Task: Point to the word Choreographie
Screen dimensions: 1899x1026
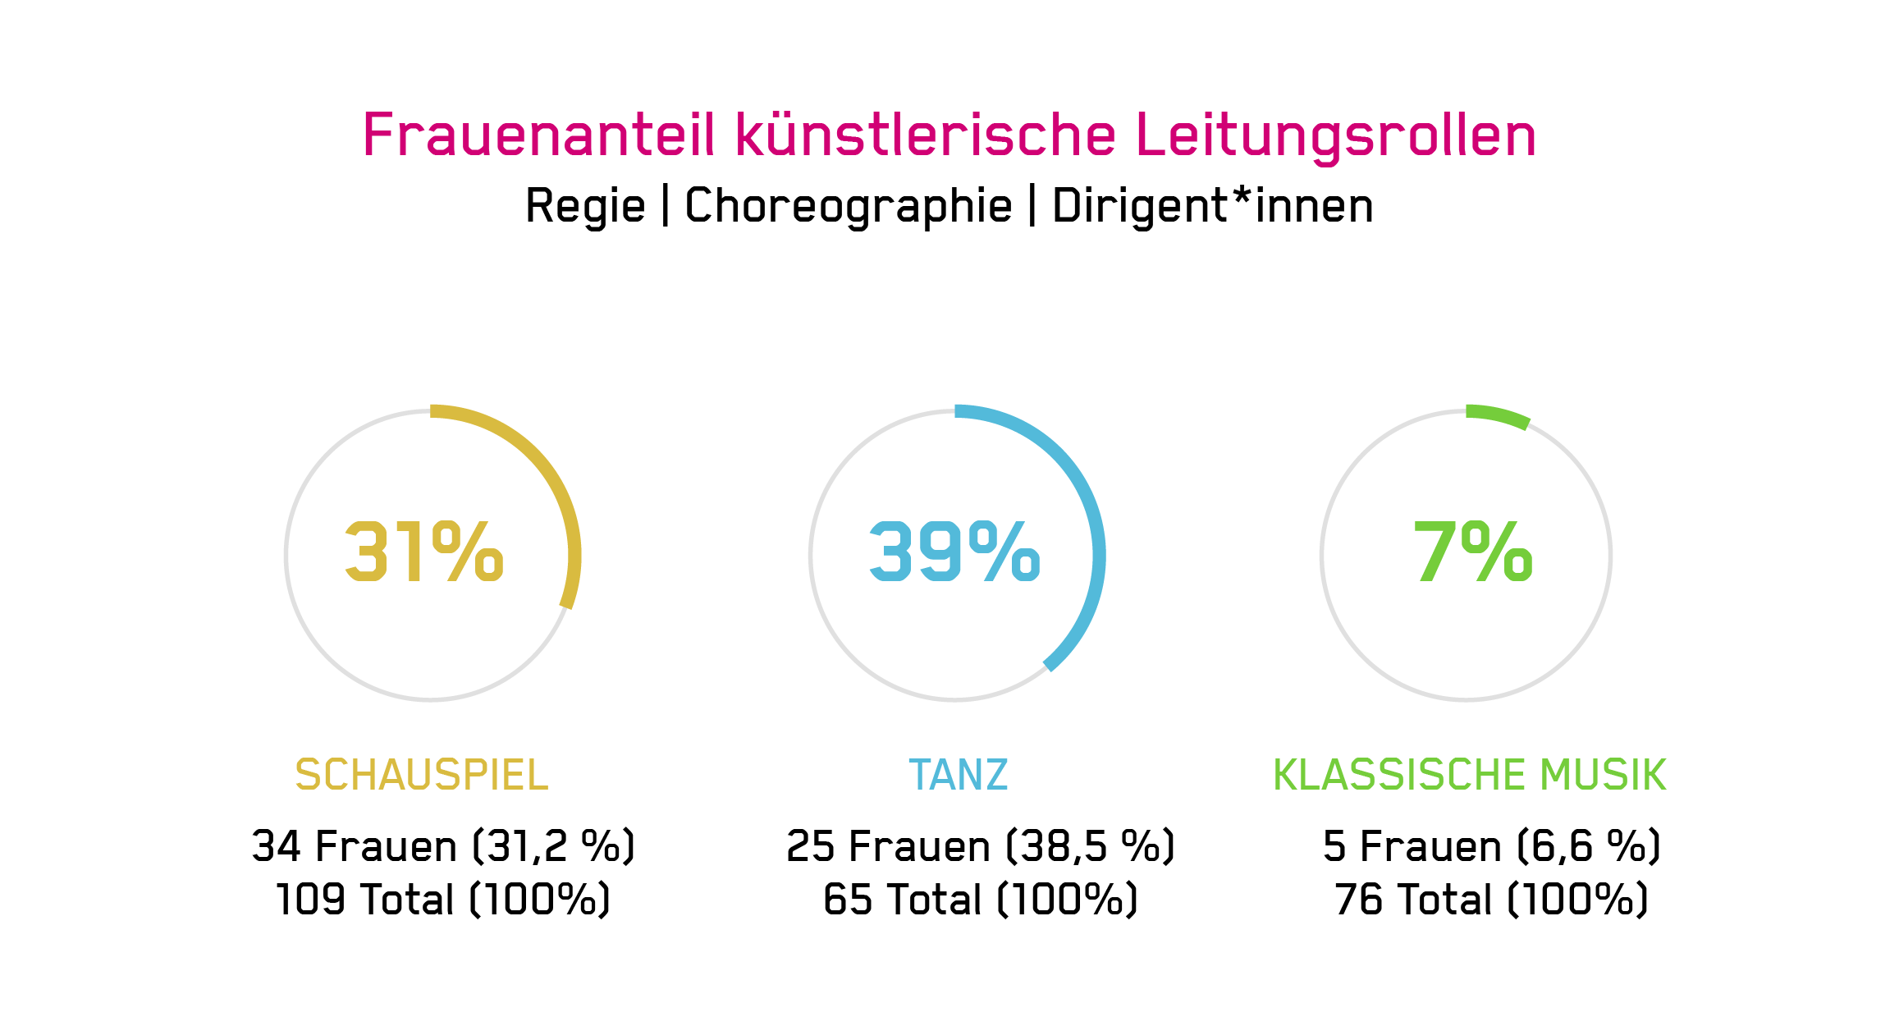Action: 849,207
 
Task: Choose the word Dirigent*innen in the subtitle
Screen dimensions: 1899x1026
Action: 1212,205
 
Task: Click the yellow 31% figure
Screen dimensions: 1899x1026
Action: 423,552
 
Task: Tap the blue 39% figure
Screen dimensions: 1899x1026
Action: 954,552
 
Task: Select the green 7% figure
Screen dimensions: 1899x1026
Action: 1472,552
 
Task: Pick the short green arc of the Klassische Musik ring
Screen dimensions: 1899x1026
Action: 1499,413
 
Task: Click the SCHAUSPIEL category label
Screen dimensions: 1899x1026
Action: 422,775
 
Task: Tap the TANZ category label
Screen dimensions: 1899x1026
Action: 959,775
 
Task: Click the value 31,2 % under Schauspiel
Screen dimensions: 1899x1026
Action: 554,846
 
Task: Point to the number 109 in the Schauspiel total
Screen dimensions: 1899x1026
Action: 310,900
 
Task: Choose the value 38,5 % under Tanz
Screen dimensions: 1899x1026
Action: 1091,846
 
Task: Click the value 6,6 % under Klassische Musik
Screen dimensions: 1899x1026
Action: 1589,846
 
